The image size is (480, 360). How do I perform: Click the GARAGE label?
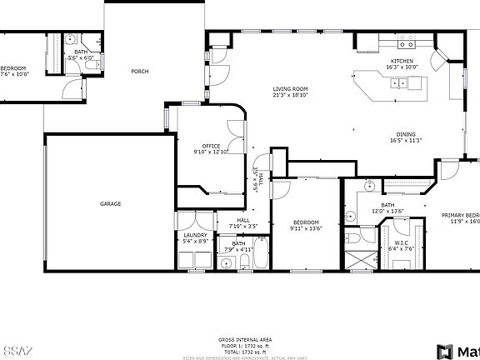111,203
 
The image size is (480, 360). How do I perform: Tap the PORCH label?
140,72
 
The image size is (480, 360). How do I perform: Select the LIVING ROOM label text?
291,88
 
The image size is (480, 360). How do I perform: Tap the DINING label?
406,135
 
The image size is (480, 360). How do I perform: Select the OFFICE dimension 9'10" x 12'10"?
211,152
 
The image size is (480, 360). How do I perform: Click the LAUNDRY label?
195,236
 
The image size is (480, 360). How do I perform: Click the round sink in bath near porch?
72,39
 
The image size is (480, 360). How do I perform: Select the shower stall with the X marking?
360,258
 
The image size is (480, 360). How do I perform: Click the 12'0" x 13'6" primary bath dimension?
387,211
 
